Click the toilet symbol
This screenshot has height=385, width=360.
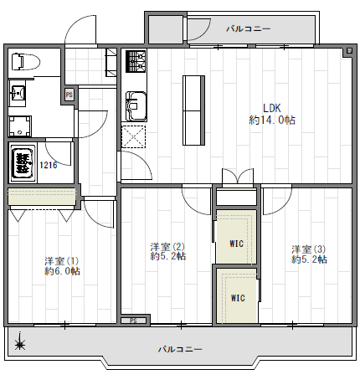pyautogui.click(x=25, y=62)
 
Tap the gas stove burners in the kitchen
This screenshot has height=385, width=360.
pyautogui.click(x=136, y=61)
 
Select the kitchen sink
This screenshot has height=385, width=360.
pyautogui.click(x=136, y=106)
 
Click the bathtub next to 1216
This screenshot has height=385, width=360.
pyautogui.click(x=23, y=162)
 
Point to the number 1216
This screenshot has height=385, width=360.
pyautogui.click(x=49, y=165)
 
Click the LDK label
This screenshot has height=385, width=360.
pyautogui.click(x=272, y=108)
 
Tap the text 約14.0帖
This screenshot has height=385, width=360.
pyautogui.click(x=272, y=121)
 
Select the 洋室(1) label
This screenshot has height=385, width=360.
pyautogui.click(x=62, y=261)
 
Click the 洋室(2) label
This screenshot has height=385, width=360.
pyautogui.click(x=167, y=247)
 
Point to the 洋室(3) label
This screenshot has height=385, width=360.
pyautogui.click(x=309, y=249)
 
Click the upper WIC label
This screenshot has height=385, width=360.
pyautogui.click(x=237, y=244)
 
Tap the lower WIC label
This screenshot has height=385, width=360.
pyautogui.click(x=238, y=298)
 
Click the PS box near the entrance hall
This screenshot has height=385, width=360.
pyautogui.click(x=69, y=95)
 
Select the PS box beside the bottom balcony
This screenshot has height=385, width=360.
pyautogui.click(x=134, y=321)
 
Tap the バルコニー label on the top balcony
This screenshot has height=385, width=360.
pyautogui.click(x=249, y=28)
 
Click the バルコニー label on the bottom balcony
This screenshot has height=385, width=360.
pyautogui.click(x=180, y=349)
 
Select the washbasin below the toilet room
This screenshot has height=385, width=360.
pyautogui.click(x=18, y=93)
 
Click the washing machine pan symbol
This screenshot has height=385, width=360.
pyautogui.click(x=19, y=126)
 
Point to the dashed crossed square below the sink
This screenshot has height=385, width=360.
pyautogui.click(x=134, y=136)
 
